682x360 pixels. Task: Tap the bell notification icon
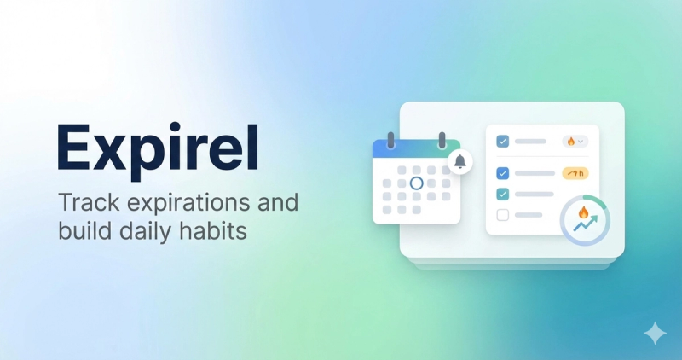[x=460, y=161]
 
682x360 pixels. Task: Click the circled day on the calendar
[x=417, y=183]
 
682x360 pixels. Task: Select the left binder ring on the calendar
[x=390, y=141]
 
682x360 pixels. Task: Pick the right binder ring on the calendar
[x=442, y=141]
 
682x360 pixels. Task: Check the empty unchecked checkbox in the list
[x=502, y=215]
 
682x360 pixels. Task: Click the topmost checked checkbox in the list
[x=502, y=141]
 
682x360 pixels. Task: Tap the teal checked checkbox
[x=502, y=194]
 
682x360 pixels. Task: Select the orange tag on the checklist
[x=576, y=173]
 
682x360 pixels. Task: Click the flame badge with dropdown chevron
[x=575, y=141]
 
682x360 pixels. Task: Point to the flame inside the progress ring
[x=584, y=212]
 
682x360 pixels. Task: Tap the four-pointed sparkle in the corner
[x=655, y=333]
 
